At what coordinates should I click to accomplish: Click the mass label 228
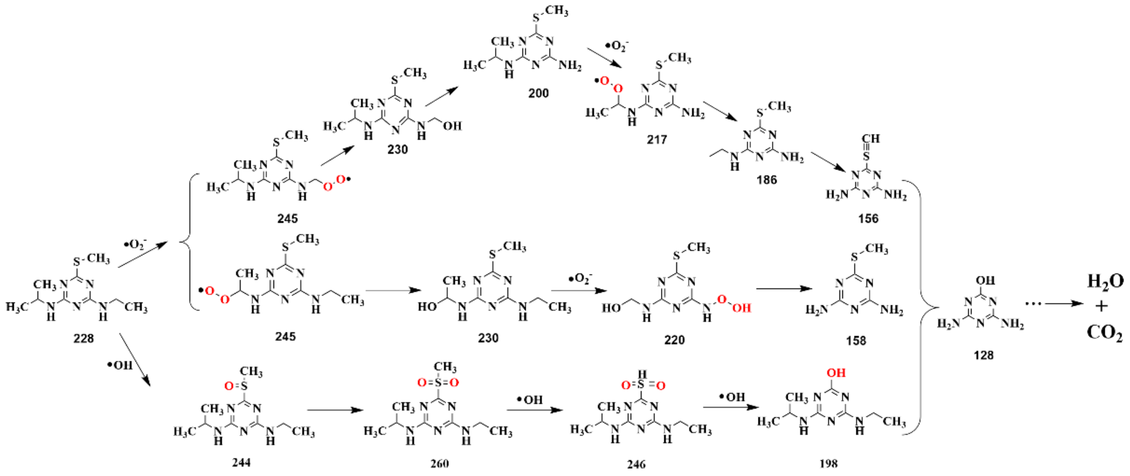point(83,338)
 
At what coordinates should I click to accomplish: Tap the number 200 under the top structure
point(538,93)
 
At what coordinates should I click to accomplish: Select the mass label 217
point(657,139)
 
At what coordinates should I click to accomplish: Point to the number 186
point(766,180)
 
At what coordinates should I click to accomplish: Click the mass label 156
point(868,218)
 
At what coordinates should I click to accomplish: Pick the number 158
point(856,340)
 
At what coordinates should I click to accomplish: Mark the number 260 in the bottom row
point(439,464)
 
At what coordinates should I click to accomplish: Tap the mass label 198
point(828,464)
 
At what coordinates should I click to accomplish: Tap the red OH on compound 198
point(836,373)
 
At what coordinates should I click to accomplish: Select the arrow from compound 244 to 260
point(335,410)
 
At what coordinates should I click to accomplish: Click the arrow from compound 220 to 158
point(784,289)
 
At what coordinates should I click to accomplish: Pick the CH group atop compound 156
point(870,139)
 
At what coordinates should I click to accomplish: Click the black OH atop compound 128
point(985,280)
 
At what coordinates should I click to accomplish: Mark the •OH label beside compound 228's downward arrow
point(120,365)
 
